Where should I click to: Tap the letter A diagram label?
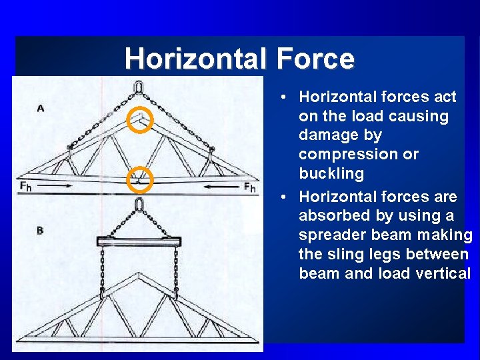tap(40, 108)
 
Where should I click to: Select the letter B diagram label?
tap(40, 231)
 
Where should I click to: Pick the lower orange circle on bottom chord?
tap(140, 178)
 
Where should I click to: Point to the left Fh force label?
tap(25, 187)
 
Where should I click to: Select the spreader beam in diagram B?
tap(139, 240)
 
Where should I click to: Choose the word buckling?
tap(331, 174)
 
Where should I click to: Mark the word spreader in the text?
tap(331, 235)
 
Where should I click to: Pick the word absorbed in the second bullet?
tap(330, 216)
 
